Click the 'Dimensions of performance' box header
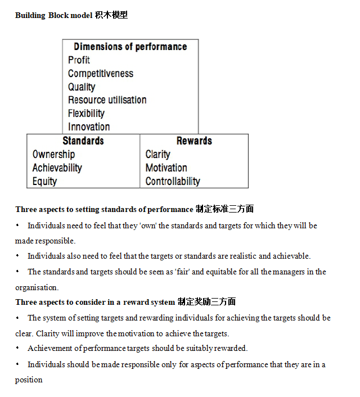(130, 47)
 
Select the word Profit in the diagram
(79, 60)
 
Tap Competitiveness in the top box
(101, 74)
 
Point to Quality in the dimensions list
(82, 87)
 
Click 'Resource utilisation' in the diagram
(107, 100)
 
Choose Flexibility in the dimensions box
(86, 114)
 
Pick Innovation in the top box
(89, 127)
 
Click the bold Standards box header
(83, 141)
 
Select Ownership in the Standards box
(53, 154)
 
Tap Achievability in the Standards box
(57, 168)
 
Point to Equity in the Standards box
(44, 181)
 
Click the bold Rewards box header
(194, 141)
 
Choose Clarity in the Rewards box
(157, 154)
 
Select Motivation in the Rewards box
(166, 168)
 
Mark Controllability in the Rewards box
(173, 181)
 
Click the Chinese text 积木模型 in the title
(112, 15)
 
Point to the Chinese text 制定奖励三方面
(206, 302)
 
